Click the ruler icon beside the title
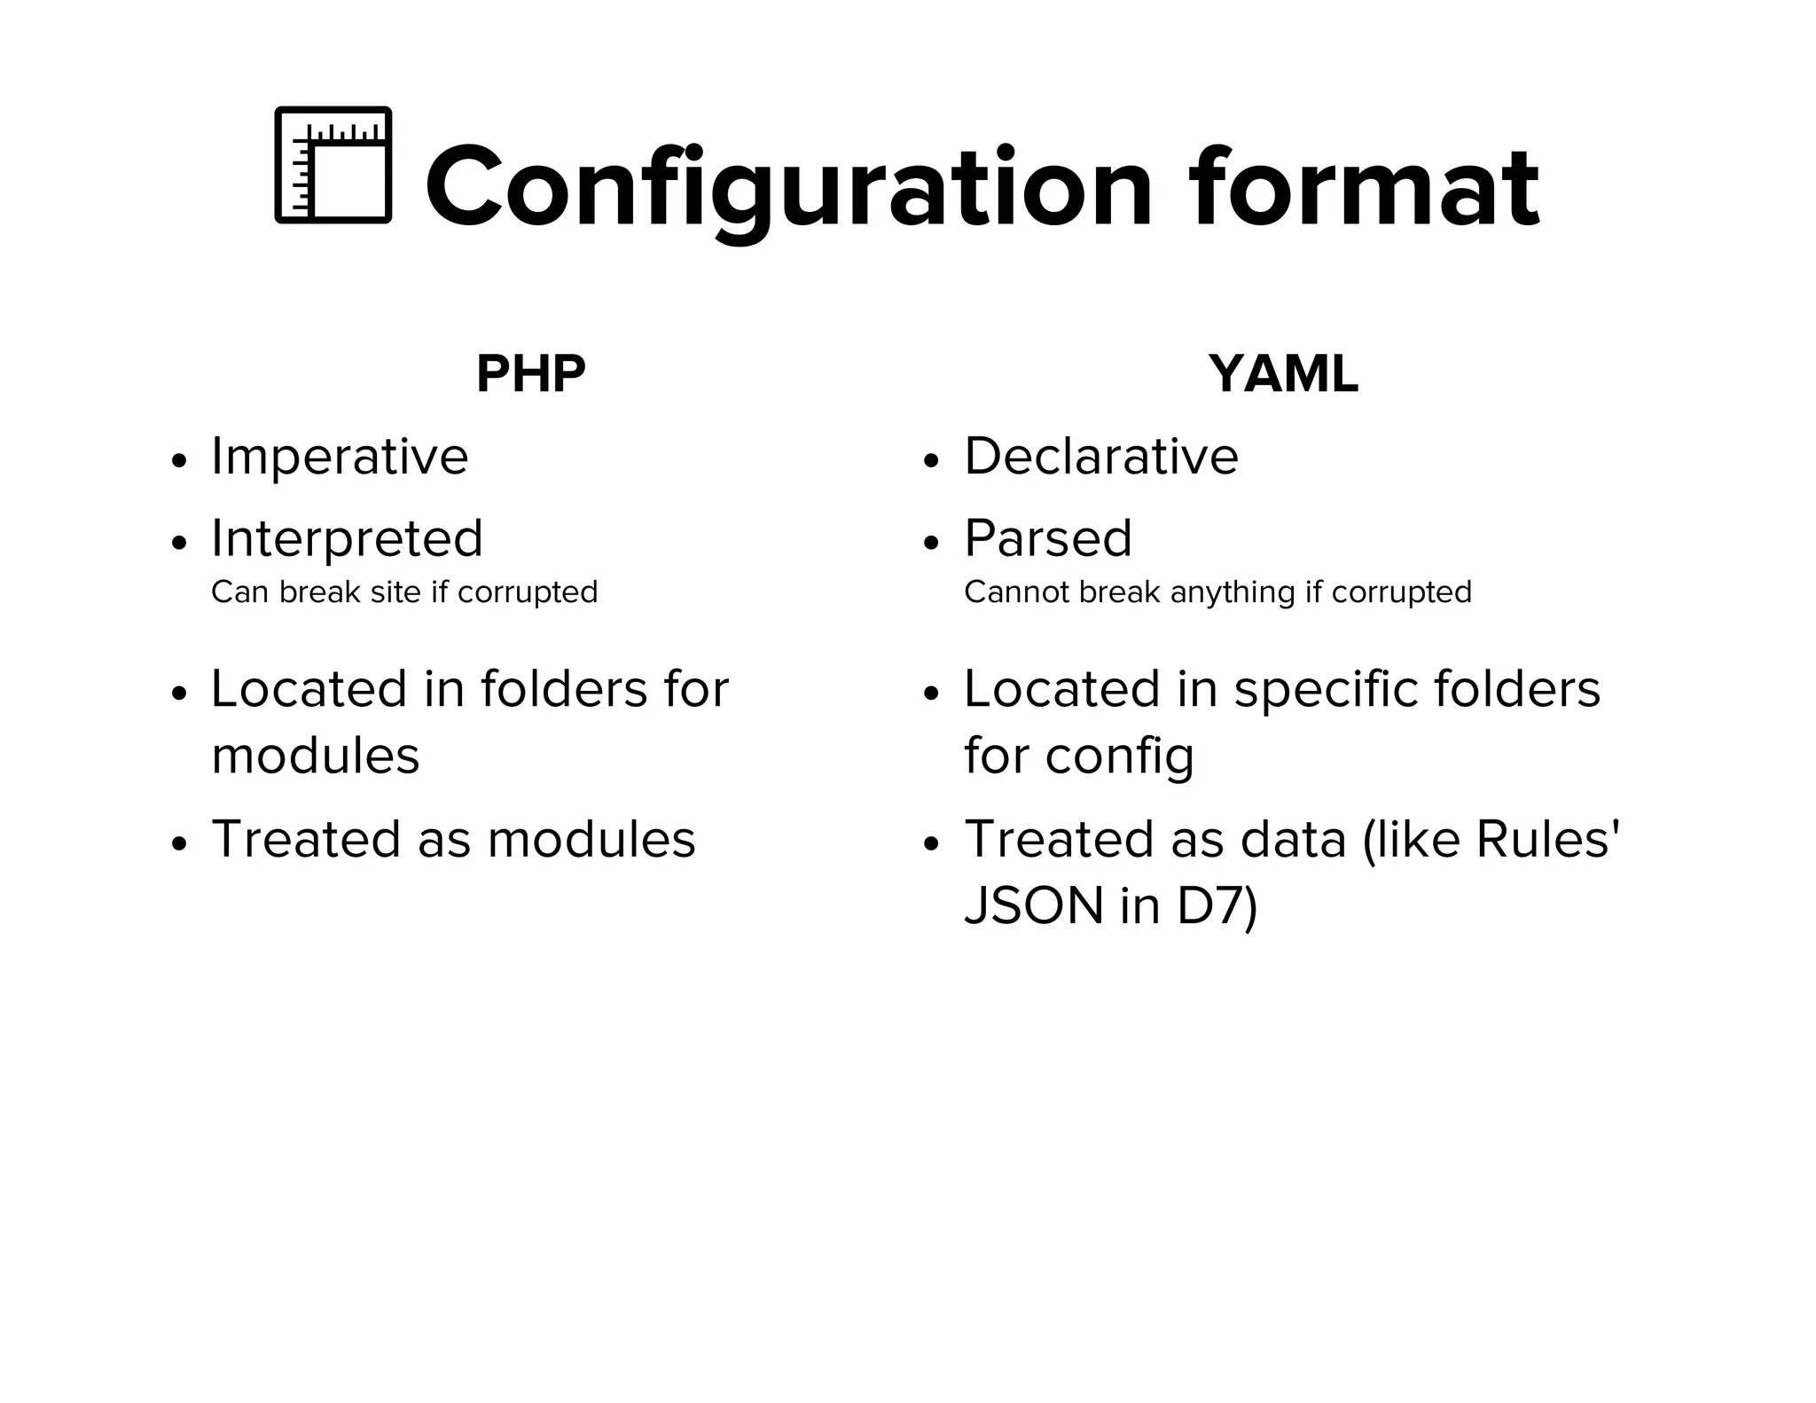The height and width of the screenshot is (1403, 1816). [333, 165]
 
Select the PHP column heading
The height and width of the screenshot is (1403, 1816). [530, 374]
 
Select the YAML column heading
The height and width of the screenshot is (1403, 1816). [1282, 374]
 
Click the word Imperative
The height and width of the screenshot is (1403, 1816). [340, 457]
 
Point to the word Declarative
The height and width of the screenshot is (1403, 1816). [1100, 457]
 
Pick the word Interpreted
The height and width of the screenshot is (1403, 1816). [347, 538]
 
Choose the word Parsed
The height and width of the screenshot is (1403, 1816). [1048, 538]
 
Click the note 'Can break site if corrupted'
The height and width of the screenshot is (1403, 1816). [404, 592]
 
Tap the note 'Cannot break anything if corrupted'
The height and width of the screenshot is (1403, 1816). [1217, 592]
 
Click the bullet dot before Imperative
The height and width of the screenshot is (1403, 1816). [180, 461]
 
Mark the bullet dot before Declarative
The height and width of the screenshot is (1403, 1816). [930, 461]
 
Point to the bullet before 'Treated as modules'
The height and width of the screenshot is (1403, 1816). [180, 844]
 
